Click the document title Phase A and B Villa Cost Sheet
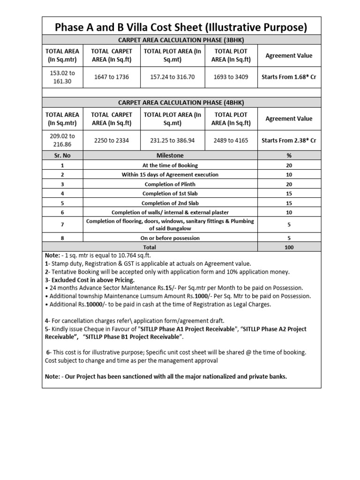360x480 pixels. (181, 27)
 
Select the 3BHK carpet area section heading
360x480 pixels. (181, 39)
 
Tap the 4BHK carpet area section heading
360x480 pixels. (181, 103)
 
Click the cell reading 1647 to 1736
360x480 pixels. (112, 77)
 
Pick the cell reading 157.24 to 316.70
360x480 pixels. (172, 77)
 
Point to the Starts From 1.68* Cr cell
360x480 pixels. (289, 77)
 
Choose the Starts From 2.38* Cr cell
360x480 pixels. (289, 140)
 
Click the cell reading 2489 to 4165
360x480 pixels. (231, 140)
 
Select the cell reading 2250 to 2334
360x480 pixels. (112, 140)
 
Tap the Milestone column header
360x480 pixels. (170, 155)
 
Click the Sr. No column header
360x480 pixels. (62, 155)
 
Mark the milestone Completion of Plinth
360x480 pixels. (170, 184)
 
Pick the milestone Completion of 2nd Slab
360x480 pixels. (170, 203)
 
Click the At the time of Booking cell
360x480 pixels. (170, 165)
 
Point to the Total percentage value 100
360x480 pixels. (289, 247)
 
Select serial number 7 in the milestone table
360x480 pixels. (62, 225)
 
